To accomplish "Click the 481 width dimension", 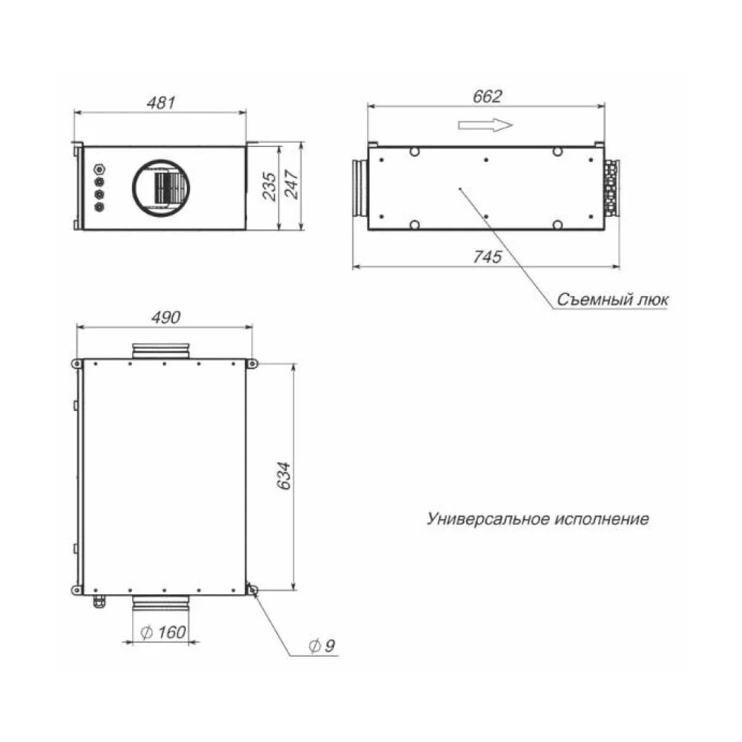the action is point(161,103).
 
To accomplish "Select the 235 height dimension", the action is point(269,186).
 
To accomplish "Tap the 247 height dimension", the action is point(291,185).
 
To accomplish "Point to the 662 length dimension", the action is point(487,96).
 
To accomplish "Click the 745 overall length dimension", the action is point(487,257).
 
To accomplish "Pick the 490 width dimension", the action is point(165,317).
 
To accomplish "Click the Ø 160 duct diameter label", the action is point(163,631).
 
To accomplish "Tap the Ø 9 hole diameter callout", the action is point(322,646).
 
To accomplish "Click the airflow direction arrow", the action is point(485,125).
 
